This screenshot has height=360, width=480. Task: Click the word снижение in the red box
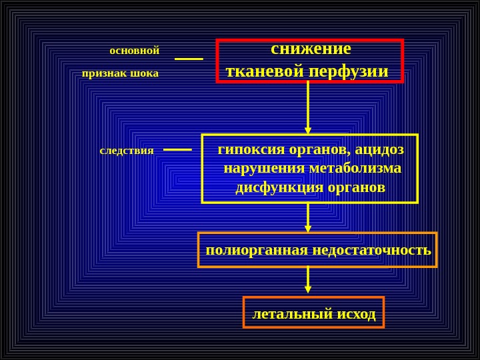point(311,49)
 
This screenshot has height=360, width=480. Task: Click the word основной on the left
point(134,51)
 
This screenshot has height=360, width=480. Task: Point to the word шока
point(145,73)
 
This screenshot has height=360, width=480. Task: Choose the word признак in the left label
point(105,73)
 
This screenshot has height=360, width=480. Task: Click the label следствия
point(127,151)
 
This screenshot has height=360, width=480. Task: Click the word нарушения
point(265,168)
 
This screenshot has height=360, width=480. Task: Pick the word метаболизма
point(355,168)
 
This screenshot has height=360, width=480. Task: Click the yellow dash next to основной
point(189,59)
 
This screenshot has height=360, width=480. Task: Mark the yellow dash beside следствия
point(177,150)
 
